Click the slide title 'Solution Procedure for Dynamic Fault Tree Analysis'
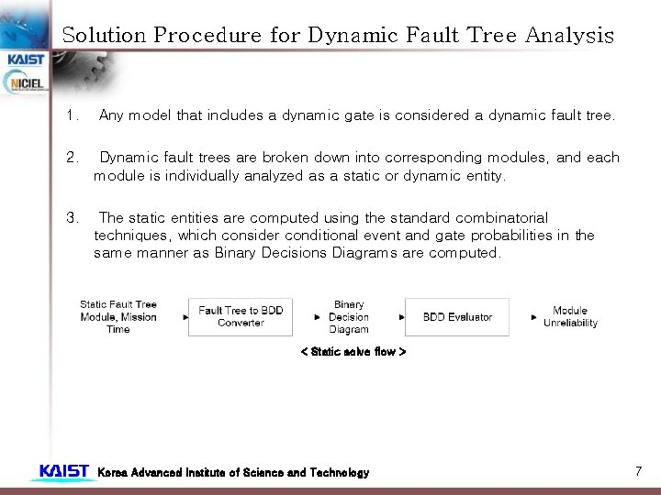tap(337, 36)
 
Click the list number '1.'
tap(73, 115)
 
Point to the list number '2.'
tap(73, 158)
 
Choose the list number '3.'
tap(73, 218)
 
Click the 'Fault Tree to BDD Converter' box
tap(241, 316)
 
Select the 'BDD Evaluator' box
tap(457, 317)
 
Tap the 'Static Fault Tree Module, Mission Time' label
tap(118, 316)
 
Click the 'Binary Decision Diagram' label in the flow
tap(349, 316)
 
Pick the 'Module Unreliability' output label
tap(570, 316)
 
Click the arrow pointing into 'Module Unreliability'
tap(534, 317)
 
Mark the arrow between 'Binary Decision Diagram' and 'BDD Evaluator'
tap(402, 317)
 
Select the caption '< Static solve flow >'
tap(353, 352)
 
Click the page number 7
tap(637, 471)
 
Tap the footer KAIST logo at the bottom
tap(63, 472)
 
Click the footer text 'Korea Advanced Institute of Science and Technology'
tap(233, 473)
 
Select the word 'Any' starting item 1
tap(111, 115)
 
